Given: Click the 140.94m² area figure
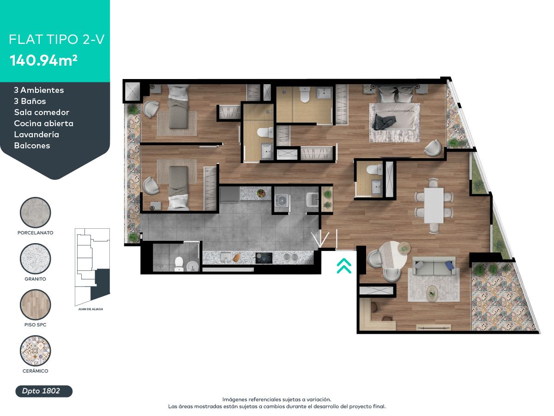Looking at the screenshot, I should [x=43, y=61].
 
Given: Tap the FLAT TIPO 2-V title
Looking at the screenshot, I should [x=56, y=39].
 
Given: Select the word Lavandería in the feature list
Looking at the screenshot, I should [x=36, y=135].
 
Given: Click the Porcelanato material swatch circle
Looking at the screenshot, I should [x=35, y=213].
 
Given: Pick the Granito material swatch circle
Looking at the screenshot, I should [x=35, y=259].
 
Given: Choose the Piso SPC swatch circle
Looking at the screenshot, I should [x=35, y=305].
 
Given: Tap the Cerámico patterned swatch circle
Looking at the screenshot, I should [x=35, y=351].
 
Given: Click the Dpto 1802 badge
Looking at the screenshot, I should [x=44, y=391].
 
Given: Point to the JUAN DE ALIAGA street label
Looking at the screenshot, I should [x=90, y=309].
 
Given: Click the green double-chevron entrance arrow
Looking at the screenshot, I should [x=344, y=266].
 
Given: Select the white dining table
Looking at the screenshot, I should [x=434, y=205].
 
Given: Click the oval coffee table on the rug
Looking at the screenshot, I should [x=432, y=292].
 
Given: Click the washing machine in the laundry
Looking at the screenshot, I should [x=282, y=201].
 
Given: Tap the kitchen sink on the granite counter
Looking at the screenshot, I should [x=226, y=257].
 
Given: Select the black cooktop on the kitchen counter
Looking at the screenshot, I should [x=265, y=257].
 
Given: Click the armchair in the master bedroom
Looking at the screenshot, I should [x=433, y=147].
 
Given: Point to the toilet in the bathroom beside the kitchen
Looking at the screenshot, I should [x=179, y=263].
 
